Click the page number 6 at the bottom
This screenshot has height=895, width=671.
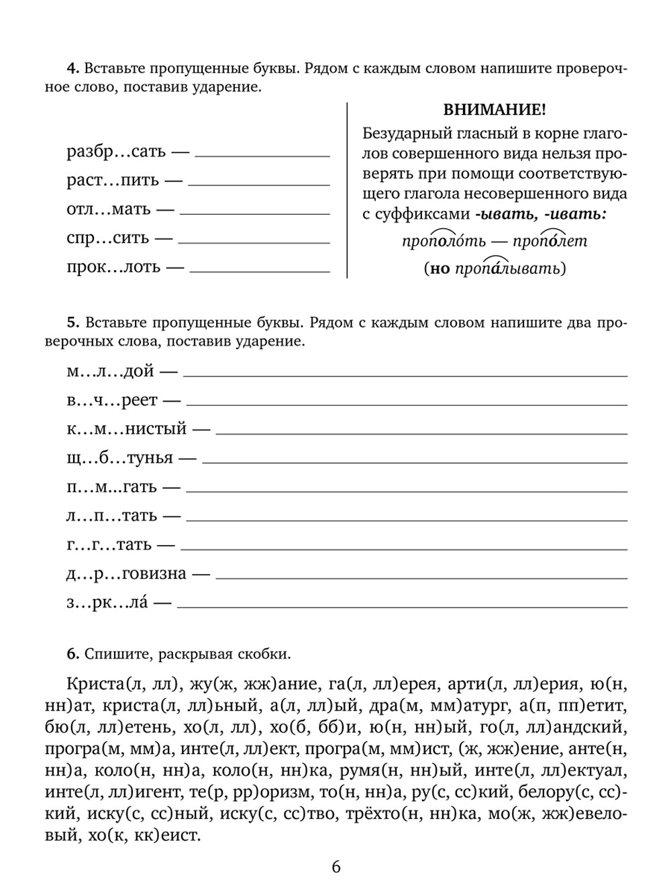click(336, 866)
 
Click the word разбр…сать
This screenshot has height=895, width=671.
click(116, 152)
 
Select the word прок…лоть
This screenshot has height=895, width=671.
click(113, 267)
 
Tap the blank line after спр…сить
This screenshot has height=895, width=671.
click(254, 242)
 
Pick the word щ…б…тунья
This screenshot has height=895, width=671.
click(119, 458)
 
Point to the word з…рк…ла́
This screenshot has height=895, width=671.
click(107, 603)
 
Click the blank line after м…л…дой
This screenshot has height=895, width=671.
click(405, 375)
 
